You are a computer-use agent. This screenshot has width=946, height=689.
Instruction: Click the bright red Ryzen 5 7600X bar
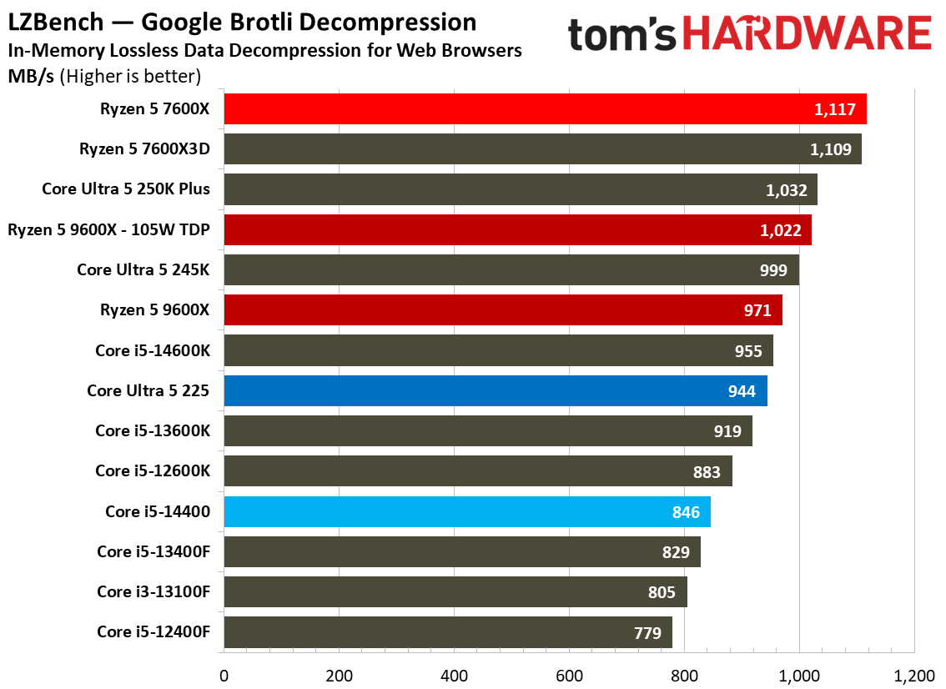pyautogui.click(x=545, y=109)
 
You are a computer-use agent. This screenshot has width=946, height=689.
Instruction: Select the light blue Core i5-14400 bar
pyautogui.click(x=467, y=511)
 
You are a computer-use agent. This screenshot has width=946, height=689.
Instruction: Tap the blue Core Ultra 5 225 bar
pyautogui.click(x=496, y=391)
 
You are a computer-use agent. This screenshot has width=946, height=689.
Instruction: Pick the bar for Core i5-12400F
pyautogui.click(x=448, y=632)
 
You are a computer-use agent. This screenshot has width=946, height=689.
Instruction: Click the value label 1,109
pyautogui.click(x=830, y=149)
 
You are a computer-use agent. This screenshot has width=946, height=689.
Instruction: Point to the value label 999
pyautogui.click(x=772, y=270)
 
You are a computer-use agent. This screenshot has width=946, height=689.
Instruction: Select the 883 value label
pyautogui.click(x=707, y=472)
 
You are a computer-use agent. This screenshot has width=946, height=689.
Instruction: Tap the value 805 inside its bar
pyautogui.click(x=662, y=592)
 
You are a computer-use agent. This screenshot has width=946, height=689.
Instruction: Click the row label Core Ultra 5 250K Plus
pyautogui.click(x=126, y=189)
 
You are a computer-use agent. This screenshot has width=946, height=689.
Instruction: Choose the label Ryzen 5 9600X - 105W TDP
pyautogui.click(x=108, y=230)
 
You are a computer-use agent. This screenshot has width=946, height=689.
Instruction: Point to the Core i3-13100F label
pyautogui.click(x=153, y=592)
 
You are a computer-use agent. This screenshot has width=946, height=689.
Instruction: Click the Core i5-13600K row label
pyautogui.click(x=153, y=430)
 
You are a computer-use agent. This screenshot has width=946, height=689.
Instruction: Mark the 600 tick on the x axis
pyautogui.click(x=569, y=676)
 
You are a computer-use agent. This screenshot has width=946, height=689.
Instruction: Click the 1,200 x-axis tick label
pyautogui.click(x=914, y=676)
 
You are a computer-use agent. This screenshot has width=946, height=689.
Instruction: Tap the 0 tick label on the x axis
pyautogui.click(x=224, y=676)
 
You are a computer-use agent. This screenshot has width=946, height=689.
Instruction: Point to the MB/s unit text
pyautogui.click(x=31, y=77)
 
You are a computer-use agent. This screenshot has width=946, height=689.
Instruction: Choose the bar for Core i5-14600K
pyautogui.click(x=498, y=350)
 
